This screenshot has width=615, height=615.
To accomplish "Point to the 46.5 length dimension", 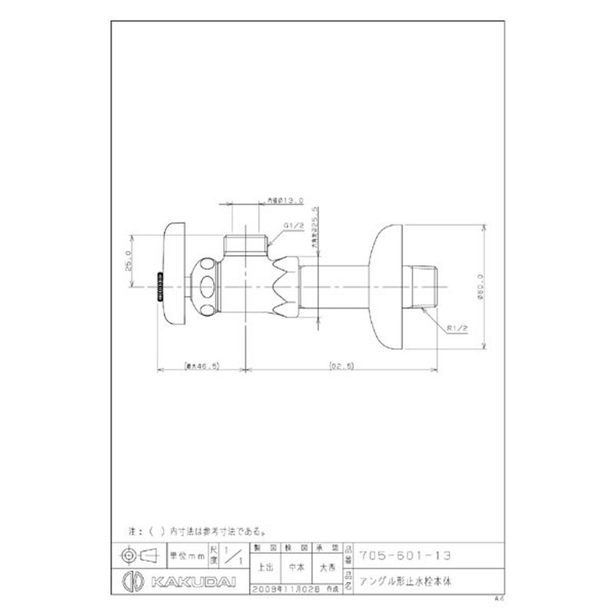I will point(200,367).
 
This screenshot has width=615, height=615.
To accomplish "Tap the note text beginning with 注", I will point(196,530).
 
